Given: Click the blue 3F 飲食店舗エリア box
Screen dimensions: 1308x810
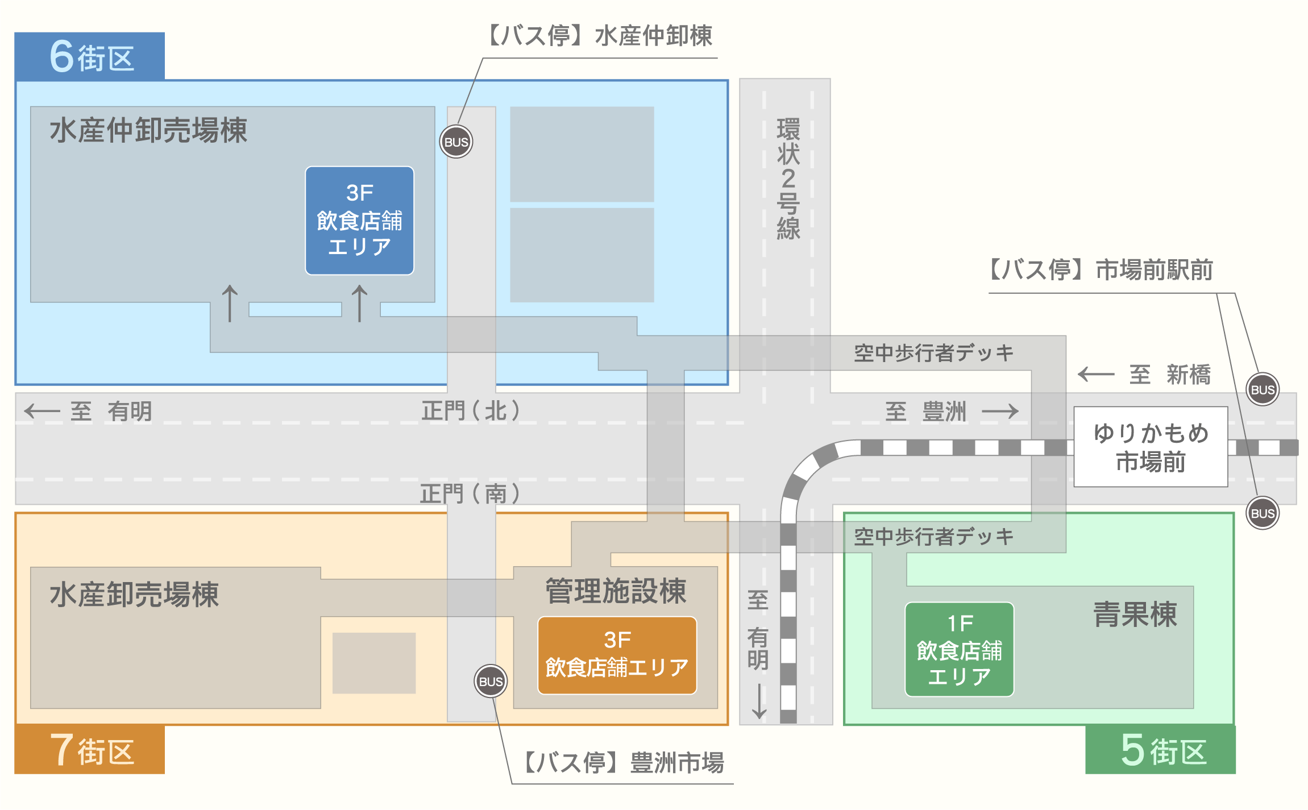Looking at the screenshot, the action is [359, 221].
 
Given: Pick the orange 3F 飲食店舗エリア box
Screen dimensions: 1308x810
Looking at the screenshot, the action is [617, 655].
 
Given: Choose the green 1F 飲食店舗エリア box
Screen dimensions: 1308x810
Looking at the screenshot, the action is [959, 650].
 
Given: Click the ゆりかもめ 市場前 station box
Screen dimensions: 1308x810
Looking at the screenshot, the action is [1151, 447].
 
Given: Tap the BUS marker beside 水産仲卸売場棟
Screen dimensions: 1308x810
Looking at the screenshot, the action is [456, 142].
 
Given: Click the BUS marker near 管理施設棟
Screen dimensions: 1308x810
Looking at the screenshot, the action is [491, 681].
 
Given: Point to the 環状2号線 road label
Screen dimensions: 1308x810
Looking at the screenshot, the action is [788, 178].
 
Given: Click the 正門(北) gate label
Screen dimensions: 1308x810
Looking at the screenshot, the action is [470, 410].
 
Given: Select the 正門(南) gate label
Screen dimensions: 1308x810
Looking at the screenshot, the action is [470, 493].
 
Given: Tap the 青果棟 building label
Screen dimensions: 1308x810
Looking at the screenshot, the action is [1135, 614].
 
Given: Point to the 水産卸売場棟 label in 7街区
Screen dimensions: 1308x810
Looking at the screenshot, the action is [134, 595].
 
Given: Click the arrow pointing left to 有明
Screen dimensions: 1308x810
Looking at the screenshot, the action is [42, 410].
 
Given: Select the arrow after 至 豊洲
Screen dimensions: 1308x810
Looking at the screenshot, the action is [1000, 410].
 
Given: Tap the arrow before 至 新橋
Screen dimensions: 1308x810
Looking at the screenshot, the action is [1096, 374].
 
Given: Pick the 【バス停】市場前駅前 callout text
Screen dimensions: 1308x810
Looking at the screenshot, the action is [1100, 270].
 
